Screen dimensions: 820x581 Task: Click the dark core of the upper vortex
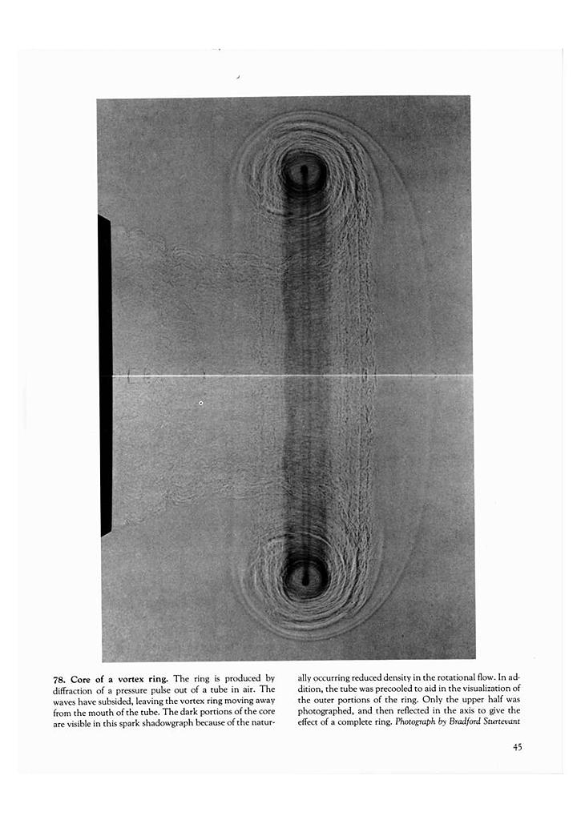pyautogui.click(x=304, y=171)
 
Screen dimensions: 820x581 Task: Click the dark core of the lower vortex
pyautogui.click(x=305, y=574)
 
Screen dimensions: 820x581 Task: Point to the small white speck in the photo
pyautogui.click(x=200, y=403)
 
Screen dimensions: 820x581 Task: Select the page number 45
pyautogui.click(x=518, y=747)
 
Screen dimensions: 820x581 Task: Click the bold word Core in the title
pyautogui.click(x=85, y=678)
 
